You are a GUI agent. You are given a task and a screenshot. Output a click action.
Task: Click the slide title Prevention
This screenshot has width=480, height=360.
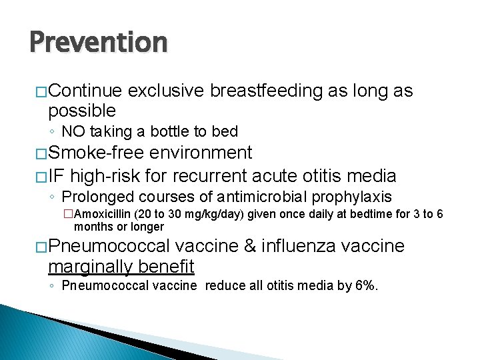[x=98, y=43]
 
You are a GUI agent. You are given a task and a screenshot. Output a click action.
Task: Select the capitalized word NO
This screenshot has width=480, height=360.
[x=71, y=131]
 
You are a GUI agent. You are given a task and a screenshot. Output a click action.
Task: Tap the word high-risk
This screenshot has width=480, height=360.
[x=118, y=176]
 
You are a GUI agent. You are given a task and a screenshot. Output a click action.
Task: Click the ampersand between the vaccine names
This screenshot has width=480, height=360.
[x=251, y=246]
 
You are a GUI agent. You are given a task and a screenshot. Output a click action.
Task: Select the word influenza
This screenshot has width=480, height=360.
[x=299, y=246]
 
